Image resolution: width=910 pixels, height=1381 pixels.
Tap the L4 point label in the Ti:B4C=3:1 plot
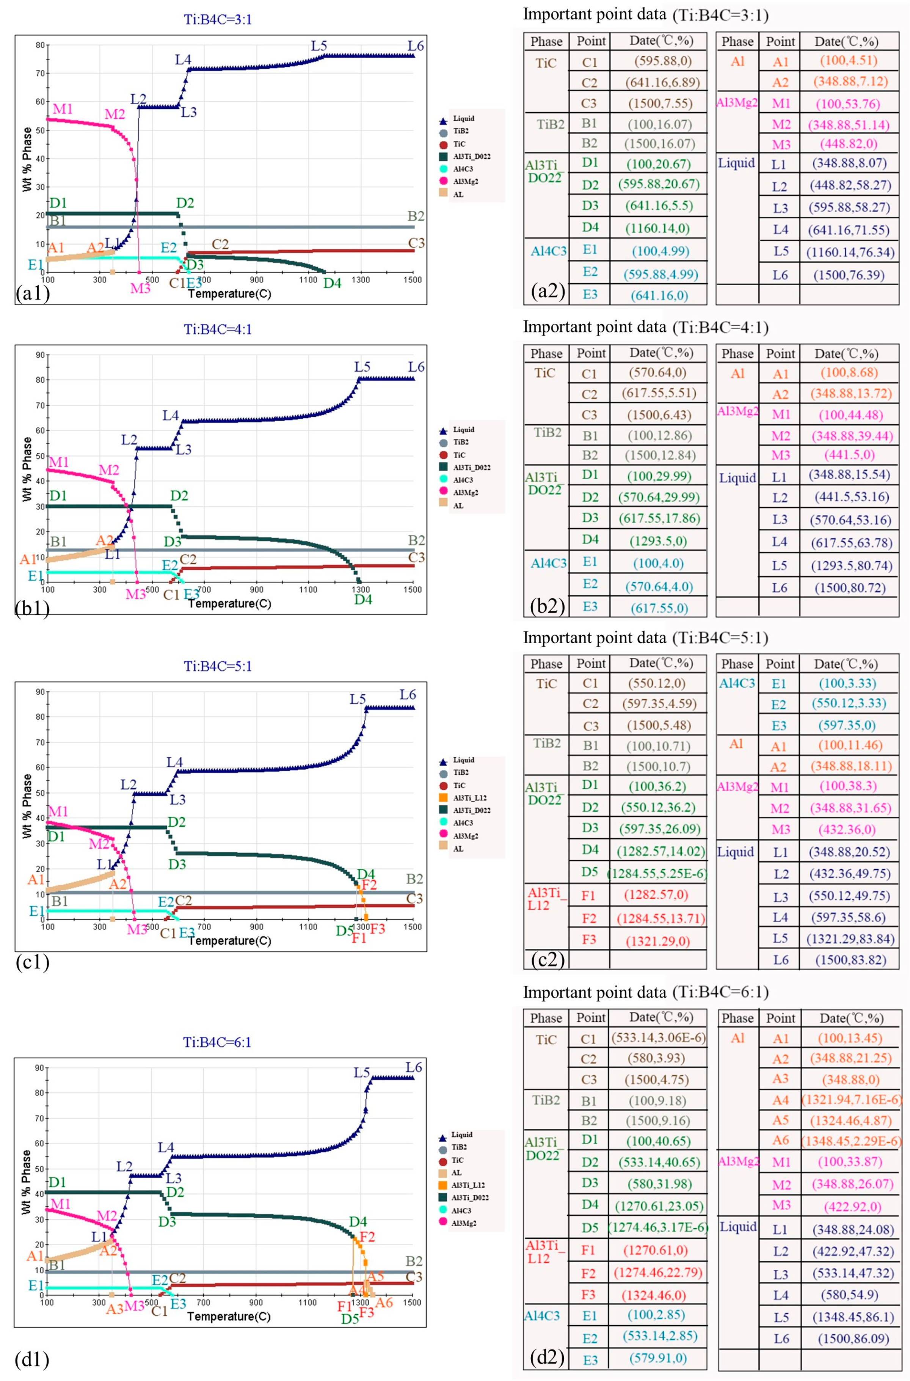(184, 59)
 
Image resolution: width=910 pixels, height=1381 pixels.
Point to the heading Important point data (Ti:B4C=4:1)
(645, 327)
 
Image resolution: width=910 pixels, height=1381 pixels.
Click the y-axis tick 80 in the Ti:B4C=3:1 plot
(39, 45)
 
